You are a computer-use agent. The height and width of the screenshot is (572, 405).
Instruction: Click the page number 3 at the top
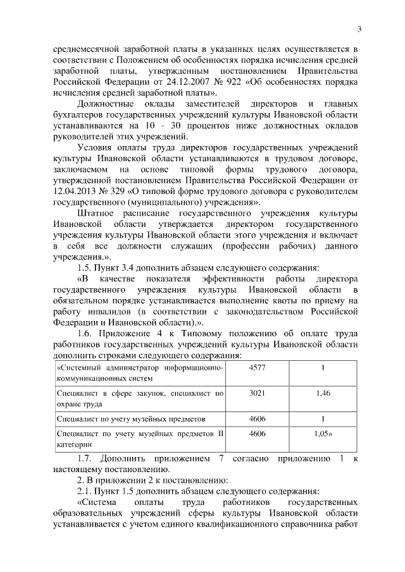pyautogui.click(x=358, y=29)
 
